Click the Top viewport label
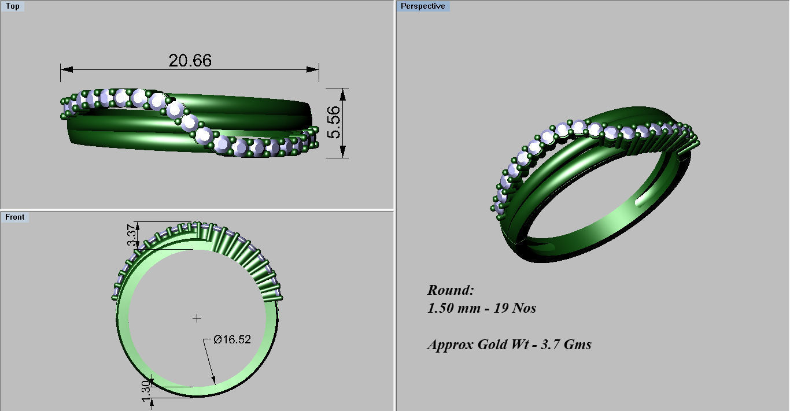pos(12,6)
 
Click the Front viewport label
pos(15,217)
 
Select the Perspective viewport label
pos(423,6)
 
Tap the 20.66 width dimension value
pos(190,60)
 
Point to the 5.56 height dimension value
pos(334,123)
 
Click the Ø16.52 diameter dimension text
pos(232,340)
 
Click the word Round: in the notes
pos(451,290)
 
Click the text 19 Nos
pos(515,308)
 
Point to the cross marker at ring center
pos(197,318)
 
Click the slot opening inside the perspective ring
pos(643,201)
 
